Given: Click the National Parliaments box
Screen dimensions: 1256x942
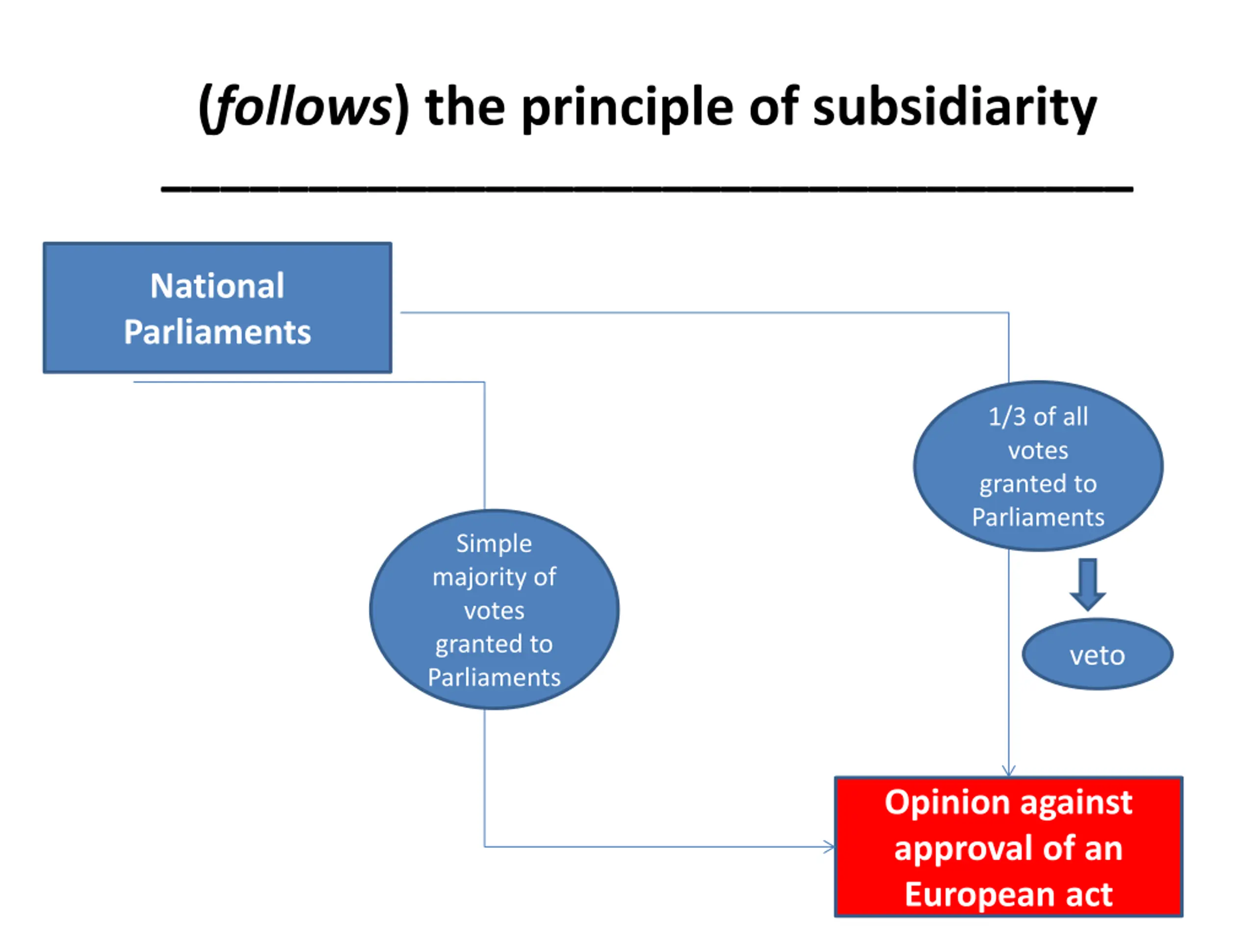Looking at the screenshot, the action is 217,308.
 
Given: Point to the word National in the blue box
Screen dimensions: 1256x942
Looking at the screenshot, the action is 217,286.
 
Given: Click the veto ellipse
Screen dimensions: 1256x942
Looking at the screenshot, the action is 1098,654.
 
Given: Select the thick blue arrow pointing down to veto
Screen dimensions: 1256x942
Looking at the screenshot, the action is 1088,584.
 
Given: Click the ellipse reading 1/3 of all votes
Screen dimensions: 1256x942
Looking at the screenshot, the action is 1039,466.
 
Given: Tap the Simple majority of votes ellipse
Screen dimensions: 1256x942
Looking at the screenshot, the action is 494,609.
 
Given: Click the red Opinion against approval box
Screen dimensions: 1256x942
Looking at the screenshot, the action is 1008,847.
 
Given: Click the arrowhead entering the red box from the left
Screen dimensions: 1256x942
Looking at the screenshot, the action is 830,847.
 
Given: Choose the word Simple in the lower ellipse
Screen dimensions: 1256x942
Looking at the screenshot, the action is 494,544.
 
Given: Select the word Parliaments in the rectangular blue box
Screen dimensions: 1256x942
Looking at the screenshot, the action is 217,332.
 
